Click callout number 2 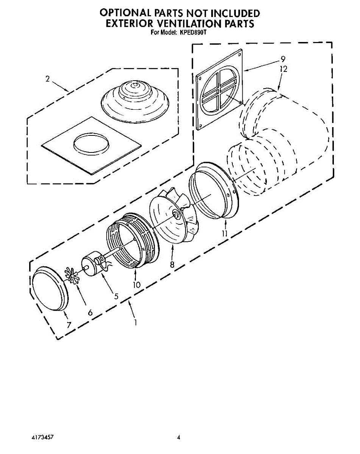pos(47,79)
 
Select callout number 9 pos(283,59)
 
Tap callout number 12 pos(284,69)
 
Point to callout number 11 pos(225,233)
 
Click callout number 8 pos(172,265)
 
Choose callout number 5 pos(116,297)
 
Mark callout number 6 pos(90,313)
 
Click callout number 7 pos(69,325)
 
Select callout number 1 pos(135,323)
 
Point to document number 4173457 pos(42,437)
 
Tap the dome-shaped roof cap pos(135,98)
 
